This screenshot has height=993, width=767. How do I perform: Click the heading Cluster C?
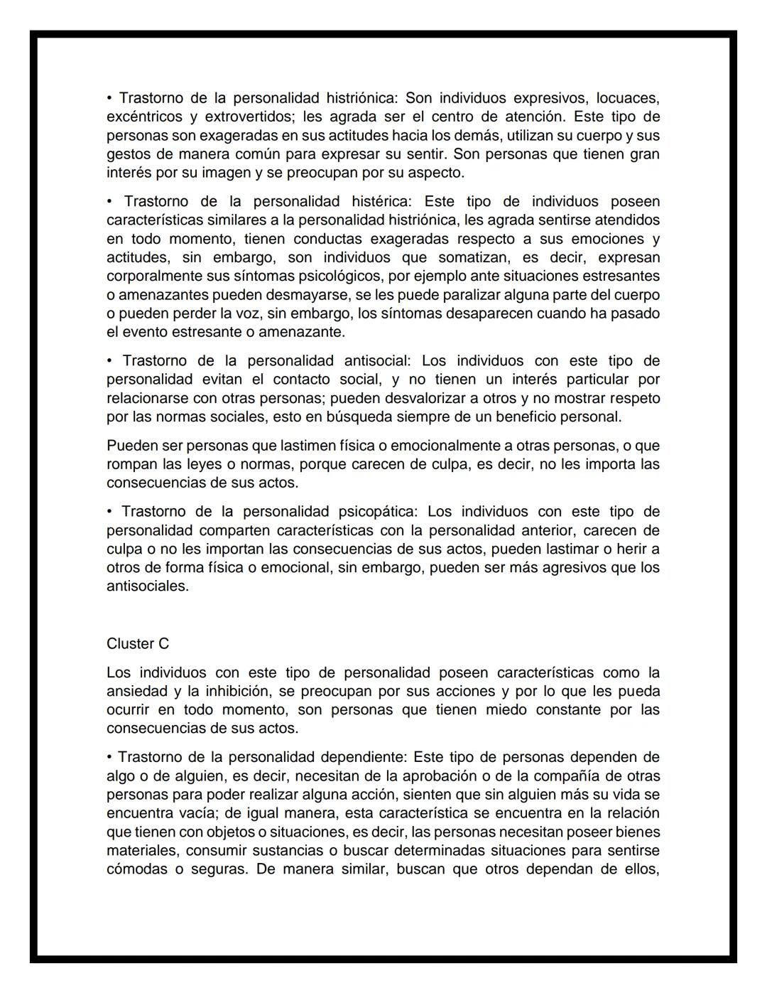[138, 644]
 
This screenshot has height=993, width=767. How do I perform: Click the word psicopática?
[379, 512]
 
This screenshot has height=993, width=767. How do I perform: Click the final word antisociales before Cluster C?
[147, 586]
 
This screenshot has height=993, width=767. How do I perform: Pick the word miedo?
[506, 710]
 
